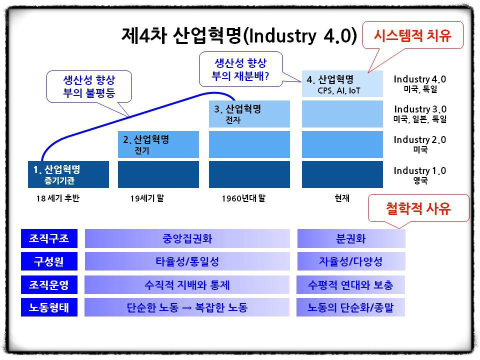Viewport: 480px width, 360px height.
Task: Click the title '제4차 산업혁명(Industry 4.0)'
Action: click(x=239, y=35)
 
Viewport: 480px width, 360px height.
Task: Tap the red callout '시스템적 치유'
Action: click(x=412, y=35)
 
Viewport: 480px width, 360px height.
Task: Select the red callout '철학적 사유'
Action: click(x=418, y=208)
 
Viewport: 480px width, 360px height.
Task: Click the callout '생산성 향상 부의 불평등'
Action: click(x=89, y=86)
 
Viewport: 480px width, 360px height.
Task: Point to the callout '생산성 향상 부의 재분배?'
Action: click(x=241, y=69)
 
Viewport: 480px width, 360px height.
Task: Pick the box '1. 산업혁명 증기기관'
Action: click(x=68, y=174)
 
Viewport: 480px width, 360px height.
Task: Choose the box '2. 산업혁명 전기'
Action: click(x=158, y=144)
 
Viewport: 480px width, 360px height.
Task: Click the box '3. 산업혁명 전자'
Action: click(x=249, y=114)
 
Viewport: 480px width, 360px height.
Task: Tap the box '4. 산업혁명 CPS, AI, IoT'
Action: click(x=342, y=84)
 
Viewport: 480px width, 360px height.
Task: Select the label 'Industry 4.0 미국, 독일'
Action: click(x=420, y=84)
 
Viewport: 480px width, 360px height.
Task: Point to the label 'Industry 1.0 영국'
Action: click(x=420, y=175)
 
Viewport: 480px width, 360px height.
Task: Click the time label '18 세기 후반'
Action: click(x=57, y=198)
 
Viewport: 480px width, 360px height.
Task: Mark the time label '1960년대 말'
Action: click(x=243, y=198)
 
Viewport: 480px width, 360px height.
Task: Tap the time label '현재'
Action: click(x=342, y=198)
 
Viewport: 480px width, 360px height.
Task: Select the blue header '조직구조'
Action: click(x=49, y=238)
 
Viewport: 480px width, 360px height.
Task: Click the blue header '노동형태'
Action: click(x=49, y=307)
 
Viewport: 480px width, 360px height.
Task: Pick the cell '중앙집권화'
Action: click(x=187, y=238)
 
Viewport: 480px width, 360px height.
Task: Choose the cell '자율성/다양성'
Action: click(x=351, y=261)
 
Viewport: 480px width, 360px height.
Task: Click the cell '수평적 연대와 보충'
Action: click(x=351, y=284)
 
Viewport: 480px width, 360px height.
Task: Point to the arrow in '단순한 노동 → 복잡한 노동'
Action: click(x=186, y=308)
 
